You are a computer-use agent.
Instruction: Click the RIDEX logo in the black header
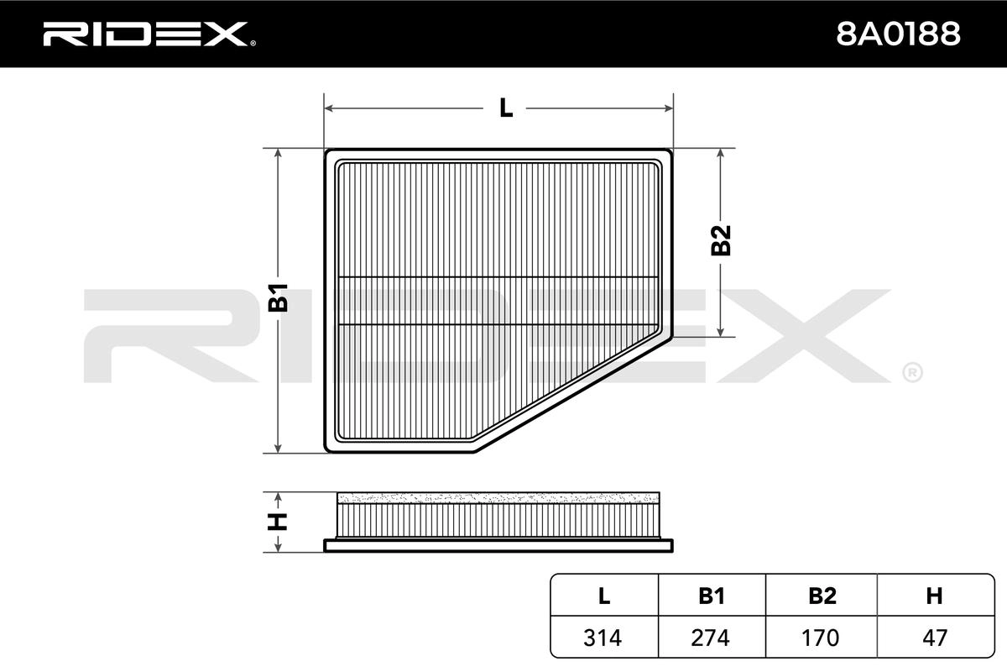149,34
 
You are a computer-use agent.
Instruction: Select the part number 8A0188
898,34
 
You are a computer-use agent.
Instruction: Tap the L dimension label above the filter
506,108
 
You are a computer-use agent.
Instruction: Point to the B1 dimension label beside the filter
279,297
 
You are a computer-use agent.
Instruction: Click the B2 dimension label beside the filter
721,240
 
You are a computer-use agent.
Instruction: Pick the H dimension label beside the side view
278,522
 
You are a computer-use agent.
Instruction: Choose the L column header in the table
604,596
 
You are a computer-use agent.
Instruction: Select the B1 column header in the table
712,596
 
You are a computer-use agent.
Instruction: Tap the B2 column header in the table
822,596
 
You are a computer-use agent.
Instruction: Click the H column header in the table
934,596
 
